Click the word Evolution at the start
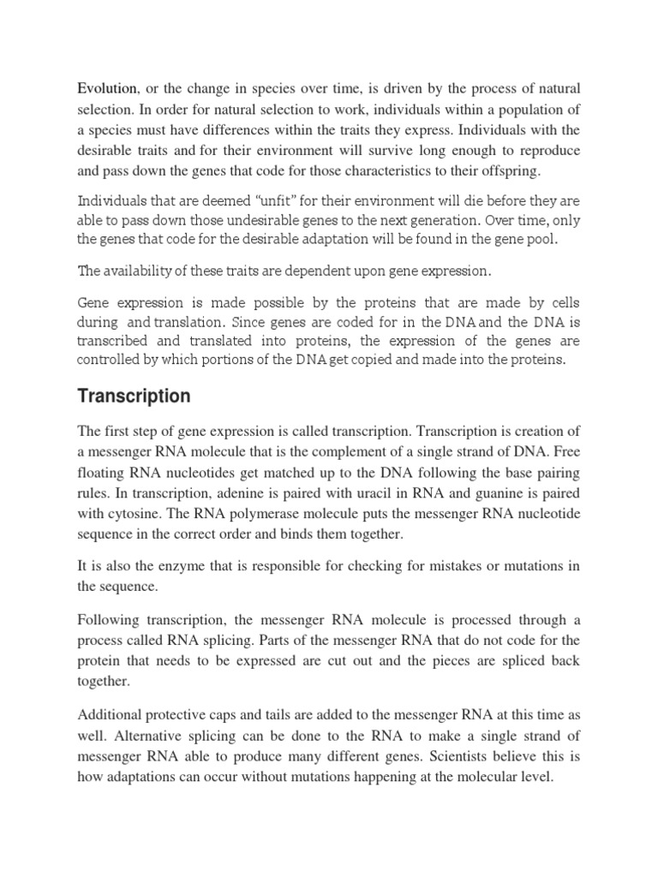[107, 89]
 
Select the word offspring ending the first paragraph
[509, 171]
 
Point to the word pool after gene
[541, 239]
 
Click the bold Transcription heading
[135, 397]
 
